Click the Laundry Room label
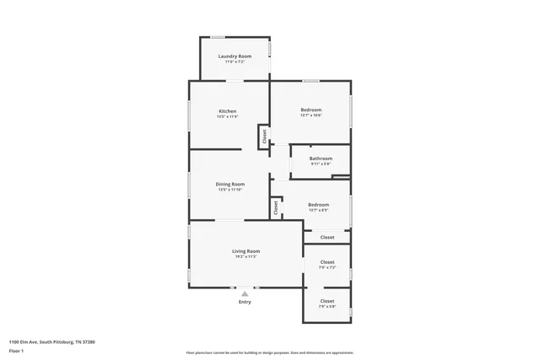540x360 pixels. [x=235, y=56]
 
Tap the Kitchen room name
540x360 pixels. [x=227, y=111]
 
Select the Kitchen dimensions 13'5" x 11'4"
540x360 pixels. [x=227, y=117]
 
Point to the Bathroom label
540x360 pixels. [x=321, y=159]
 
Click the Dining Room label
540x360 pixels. [x=230, y=184]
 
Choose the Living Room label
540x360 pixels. [x=246, y=251]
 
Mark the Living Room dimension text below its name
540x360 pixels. [x=246, y=257]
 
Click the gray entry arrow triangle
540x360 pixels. [x=245, y=293]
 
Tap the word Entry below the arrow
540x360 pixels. [x=245, y=302]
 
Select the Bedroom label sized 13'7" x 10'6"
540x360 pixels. [x=311, y=110]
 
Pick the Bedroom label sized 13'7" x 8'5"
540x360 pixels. [x=318, y=205]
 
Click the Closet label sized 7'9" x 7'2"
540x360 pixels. [x=327, y=262]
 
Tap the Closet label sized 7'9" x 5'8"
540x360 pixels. [x=327, y=301]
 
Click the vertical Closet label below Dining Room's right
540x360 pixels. [x=276, y=207]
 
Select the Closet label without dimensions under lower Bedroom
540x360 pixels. [x=327, y=238]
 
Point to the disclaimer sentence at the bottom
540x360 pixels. [x=269, y=352]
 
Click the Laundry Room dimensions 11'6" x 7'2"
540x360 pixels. [x=235, y=62]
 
